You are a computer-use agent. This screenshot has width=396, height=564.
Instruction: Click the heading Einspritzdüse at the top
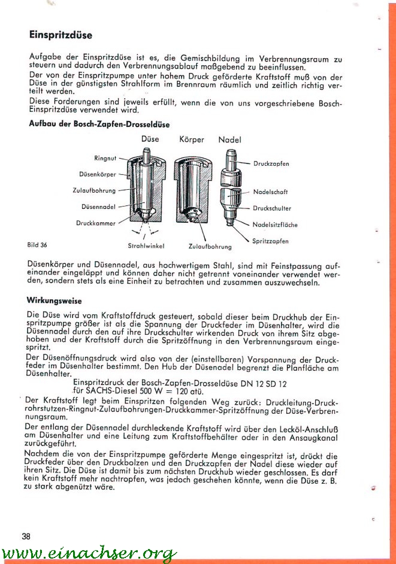click(61, 35)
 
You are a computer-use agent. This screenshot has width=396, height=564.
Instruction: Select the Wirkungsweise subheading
click(55, 301)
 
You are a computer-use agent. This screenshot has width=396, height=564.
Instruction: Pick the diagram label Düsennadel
click(98, 207)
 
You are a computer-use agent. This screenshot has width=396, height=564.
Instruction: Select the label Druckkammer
click(96, 223)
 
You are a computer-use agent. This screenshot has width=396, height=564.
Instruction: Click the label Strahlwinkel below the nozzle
click(146, 245)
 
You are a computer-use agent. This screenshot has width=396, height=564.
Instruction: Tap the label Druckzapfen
click(271, 163)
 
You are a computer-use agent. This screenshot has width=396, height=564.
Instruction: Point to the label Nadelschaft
click(270, 192)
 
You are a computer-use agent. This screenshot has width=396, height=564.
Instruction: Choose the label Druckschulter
click(272, 208)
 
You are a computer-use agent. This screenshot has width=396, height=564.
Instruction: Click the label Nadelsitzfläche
click(275, 225)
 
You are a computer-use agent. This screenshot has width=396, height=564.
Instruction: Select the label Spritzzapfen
click(270, 241)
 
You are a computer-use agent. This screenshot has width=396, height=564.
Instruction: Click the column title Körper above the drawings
click(192, 140)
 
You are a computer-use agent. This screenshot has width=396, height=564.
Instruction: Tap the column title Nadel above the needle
click(229, 140)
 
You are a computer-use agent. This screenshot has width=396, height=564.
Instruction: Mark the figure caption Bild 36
click(37, 245)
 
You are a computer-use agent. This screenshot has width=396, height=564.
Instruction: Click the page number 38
click(26, 536)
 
